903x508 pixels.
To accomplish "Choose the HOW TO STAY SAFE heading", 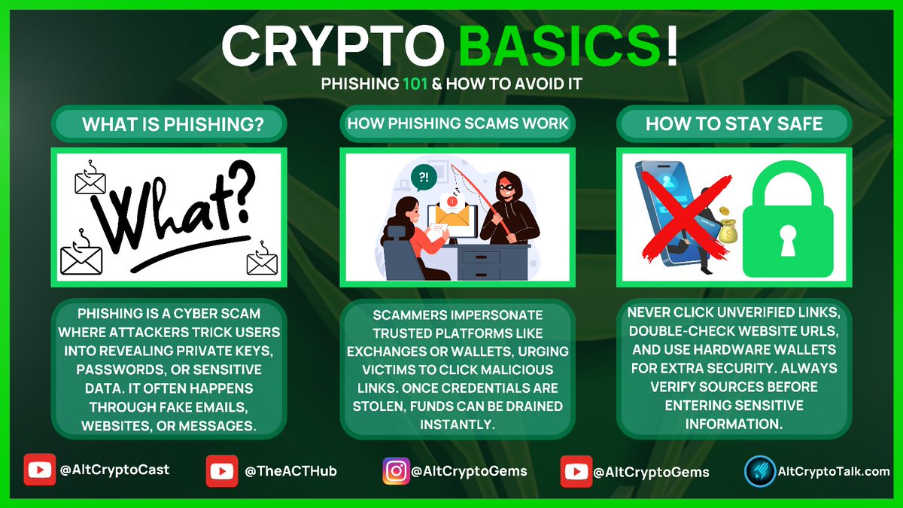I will (x=734, y=123).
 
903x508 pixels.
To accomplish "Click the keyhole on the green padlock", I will (x=788, y=238).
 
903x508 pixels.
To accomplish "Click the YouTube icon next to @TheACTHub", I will (x=221, y=472).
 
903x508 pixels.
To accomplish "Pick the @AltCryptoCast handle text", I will (x=114, y=470).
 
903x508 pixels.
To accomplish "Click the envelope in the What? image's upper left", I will (x=90, y=180).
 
